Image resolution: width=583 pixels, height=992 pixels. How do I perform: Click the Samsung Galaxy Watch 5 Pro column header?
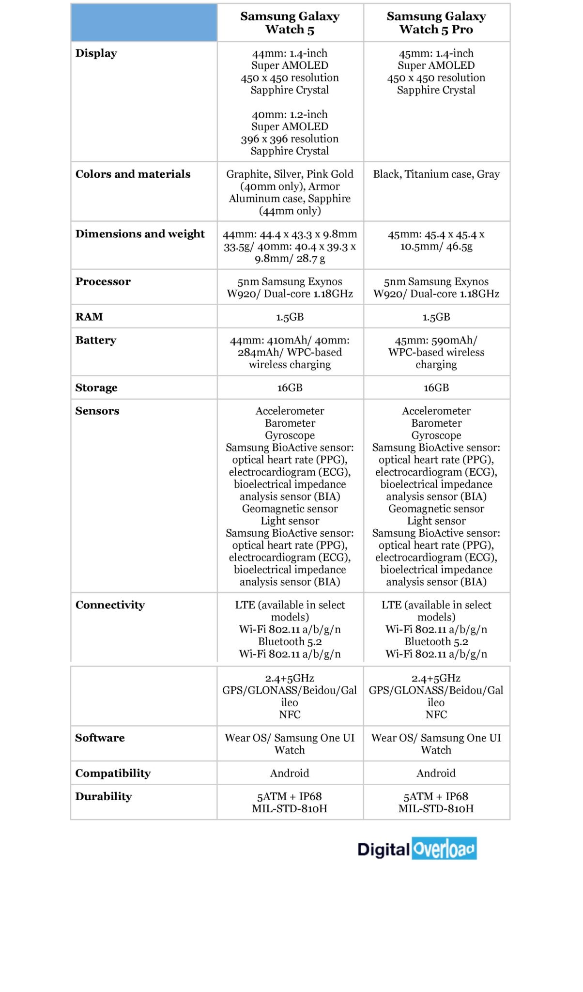(x=436, y=23)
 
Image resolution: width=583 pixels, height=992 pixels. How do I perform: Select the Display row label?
(x=96, y=53)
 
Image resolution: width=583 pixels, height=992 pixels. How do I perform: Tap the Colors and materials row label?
(x=133, y=174)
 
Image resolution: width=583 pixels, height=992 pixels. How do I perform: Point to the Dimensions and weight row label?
(x=140, y=234)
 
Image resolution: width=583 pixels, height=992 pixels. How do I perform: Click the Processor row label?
(x=103, y=282)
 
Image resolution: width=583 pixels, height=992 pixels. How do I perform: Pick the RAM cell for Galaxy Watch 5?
(x=290, y=317)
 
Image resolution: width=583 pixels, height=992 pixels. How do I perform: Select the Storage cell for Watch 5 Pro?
(x=436, y=388)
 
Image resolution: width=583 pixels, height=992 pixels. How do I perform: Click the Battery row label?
(x=95, y=341)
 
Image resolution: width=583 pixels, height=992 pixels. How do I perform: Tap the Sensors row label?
(x=97, y=411)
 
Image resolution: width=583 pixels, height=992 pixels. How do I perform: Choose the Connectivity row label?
(x=110, y=605)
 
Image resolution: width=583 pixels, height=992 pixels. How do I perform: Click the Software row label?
(x=100, y=738)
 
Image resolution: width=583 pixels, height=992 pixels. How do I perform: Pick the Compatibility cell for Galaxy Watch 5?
(x=290, y=774)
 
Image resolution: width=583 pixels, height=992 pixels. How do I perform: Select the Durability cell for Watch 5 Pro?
(x=436, y=803)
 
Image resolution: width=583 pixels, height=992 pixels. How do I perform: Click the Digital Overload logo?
(x=417, y=849)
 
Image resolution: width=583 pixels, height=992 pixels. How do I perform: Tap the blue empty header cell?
(x=144, y=23)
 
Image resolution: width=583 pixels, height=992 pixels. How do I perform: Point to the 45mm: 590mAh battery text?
(x=436, y=341)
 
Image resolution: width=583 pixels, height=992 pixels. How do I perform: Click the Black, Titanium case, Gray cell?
(x=436, y=174)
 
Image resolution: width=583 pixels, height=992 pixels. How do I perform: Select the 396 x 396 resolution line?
(x=290, y=139)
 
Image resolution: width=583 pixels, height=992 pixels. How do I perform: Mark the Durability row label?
(x=103, y=797)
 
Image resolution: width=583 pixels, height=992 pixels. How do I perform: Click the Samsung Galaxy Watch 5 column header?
(x=290, y=23)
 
